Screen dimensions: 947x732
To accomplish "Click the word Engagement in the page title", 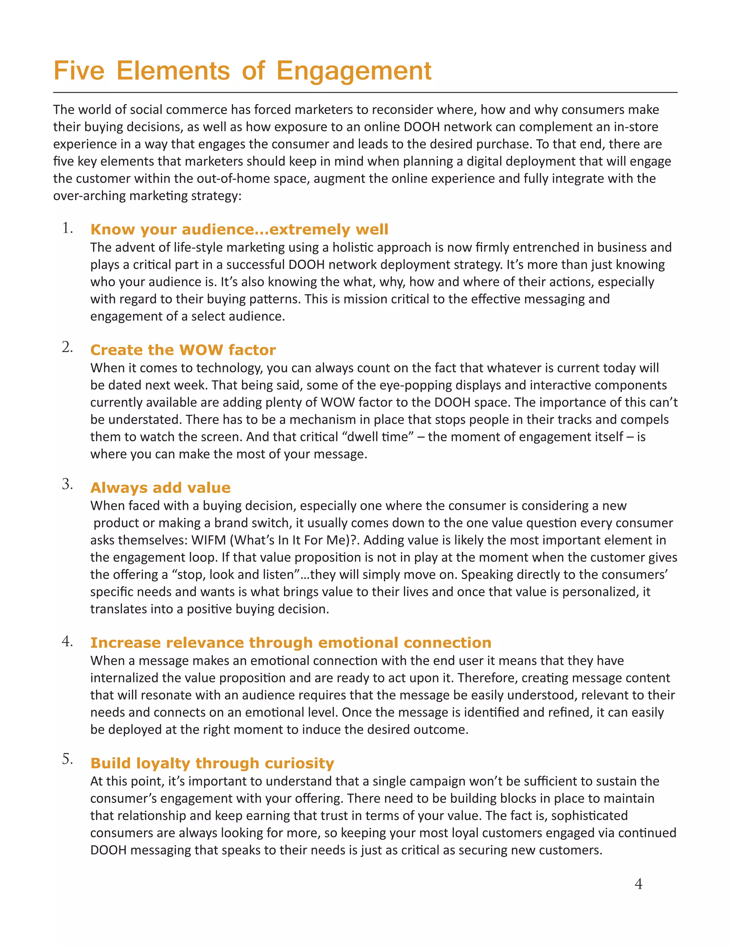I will [x=354, y=71].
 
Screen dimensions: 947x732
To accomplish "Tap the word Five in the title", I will [x=79, y=71].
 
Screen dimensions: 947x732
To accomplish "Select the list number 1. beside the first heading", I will [x=67, y=228].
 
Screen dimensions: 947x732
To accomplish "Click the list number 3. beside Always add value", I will [x=67, y=484].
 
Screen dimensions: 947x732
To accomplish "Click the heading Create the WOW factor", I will [x=183, y=349].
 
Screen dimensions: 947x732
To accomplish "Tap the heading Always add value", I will [x=160, y=487].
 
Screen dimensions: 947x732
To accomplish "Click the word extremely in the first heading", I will [x=309, y=229].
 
